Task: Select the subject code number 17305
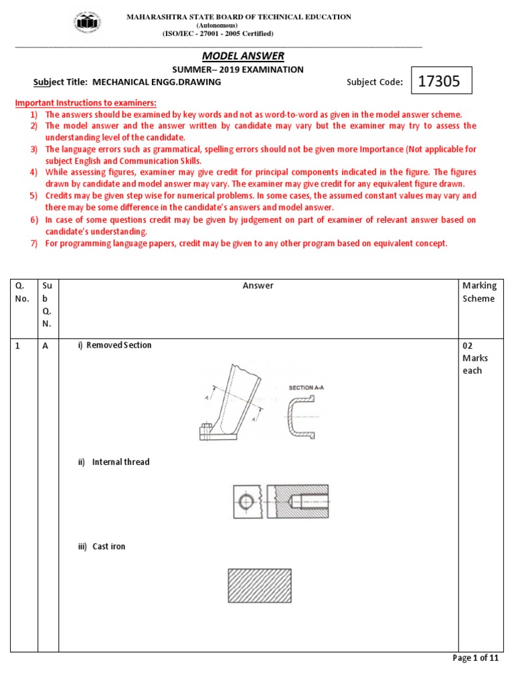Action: pyautogui.click(x=439, y=82)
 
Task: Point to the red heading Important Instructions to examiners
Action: pyautogui.click(x=86, y=103)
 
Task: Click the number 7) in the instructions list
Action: pyautogui.click(x=33, y=243)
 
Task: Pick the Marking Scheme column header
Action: pyautogui.click(x=479, y=292)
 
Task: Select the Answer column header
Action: pyautogui.click(x=258, y=286)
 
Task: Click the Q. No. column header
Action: pyautogui.click(x=23, y=292)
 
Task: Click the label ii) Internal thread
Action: pyautogui.click(x=114, y=462)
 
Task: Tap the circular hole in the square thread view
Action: pyautogui.click(x=247, y=501)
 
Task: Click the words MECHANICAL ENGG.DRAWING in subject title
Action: pyautogui.click(x=157, y=82)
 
